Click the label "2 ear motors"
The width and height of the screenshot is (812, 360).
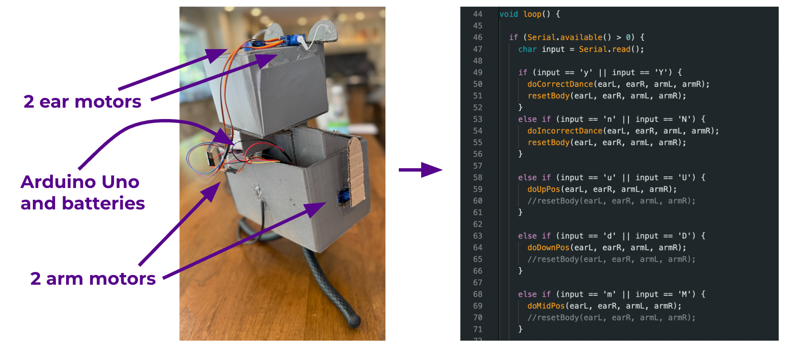click(82, 102)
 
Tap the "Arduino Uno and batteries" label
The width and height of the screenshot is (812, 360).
click(82, 193)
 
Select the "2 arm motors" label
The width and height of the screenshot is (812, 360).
click(93, 279)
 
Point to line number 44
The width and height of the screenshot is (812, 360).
click(478, 14)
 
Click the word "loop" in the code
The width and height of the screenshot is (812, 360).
click(532, 14)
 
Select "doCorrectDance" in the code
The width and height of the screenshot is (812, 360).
click(560, 84)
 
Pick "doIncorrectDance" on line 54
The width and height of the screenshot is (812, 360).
click(565, 131)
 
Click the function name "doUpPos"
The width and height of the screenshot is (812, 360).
click(544, 189)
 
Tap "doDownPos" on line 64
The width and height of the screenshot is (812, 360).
click(548, 248)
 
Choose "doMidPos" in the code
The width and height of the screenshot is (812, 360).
click(546, 306)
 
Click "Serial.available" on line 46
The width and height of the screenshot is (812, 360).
click(565, 37)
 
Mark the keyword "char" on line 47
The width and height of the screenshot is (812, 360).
click(527, 49)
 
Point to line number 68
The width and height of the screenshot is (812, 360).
click(478, 294)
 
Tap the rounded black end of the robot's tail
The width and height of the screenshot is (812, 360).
click(354, 321)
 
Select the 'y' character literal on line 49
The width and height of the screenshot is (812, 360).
click(586, 72)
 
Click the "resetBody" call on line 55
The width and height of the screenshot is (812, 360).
click(548, 143)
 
